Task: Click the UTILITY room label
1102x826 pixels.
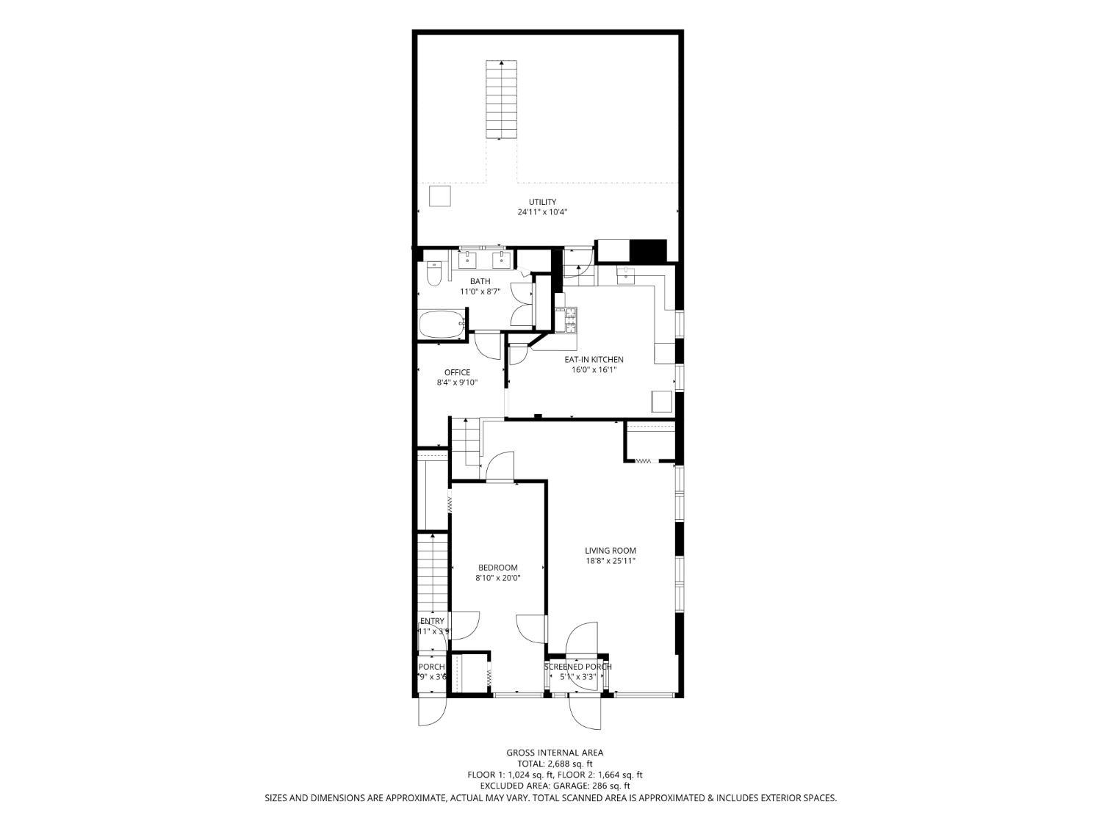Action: click(x=542, y=202)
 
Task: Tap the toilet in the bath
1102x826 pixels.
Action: click(x=433, y=273)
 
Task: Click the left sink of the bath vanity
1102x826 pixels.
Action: click(x=467, y=259)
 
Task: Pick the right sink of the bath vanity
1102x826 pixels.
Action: click(x=502, y=259)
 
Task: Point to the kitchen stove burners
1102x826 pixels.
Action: click(x=569, y=320)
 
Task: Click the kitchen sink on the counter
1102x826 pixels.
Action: click(x=625, y=275)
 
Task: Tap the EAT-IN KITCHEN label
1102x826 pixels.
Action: click(x=594, y=359)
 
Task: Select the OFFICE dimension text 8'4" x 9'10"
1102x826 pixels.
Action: click(x=457, y=382)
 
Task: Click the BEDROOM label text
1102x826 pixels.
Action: click(x=497, y=568)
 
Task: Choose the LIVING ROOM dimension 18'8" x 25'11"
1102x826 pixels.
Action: click(x=610, y=561)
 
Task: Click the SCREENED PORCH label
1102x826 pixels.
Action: click(x=577, y=667)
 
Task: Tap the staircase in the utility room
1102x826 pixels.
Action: click(x=500, y=98)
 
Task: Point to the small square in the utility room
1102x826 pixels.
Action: click(x=440, y=197)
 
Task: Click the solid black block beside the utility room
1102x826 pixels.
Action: click(x=649, y=251)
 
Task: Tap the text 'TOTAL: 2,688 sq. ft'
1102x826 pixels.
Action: click(x=555, y=764)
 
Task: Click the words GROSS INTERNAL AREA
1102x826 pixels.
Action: click(x=555, y=753)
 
